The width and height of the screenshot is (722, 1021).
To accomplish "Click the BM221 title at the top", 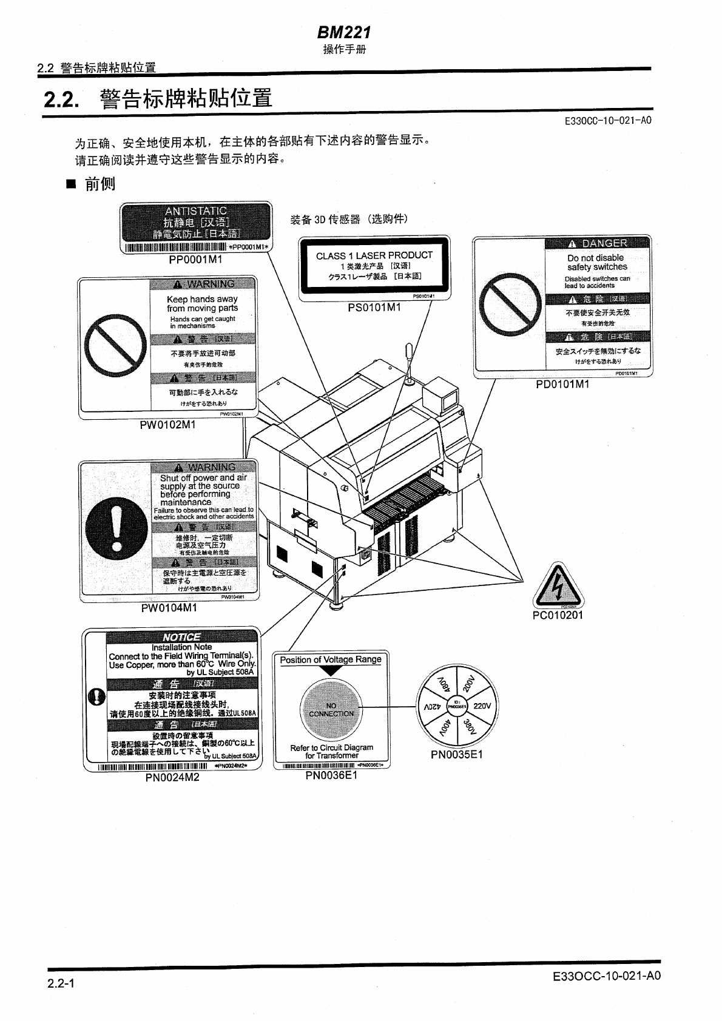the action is click(344, 32).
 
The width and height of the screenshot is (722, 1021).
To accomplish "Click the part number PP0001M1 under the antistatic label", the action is click(195, 260).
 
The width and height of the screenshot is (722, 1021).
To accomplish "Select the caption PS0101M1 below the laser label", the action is click(374, 308).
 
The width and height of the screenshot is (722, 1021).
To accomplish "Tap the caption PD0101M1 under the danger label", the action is click(562, 384).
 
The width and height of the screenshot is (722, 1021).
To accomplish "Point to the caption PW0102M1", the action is click(168, 425).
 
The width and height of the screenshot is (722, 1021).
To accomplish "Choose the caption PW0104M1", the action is click(169, 607).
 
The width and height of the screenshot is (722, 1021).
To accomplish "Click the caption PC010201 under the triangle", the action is click(558, 615).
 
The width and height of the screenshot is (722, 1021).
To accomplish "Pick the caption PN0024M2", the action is click(172, 777).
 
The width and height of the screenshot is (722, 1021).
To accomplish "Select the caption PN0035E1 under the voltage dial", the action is click(457, 755).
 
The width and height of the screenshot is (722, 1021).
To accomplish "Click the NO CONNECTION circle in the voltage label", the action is click(331, 709).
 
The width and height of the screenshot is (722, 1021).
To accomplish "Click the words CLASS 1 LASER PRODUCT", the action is click(374, 255).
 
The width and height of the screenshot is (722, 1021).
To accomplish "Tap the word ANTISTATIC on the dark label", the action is click(195, 211).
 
